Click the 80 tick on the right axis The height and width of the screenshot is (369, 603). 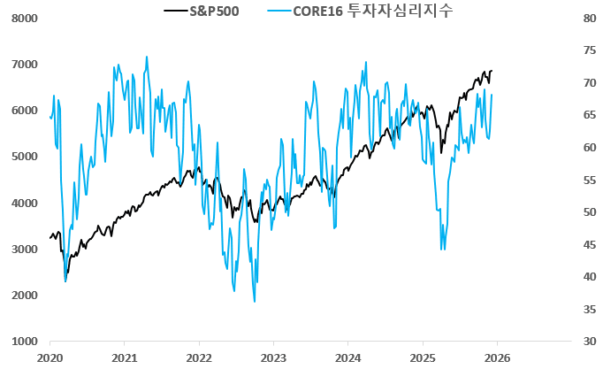tap(586, 19)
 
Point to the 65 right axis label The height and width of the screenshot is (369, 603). tap(586, 115)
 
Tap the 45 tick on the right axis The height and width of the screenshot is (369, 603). tap(586, 245)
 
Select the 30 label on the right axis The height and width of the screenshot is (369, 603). tap(586, 342)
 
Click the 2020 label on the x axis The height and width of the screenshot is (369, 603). tap(50, 357)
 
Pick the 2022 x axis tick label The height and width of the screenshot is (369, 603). tap(199, 357)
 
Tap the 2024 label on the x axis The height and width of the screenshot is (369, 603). tap(348, 357)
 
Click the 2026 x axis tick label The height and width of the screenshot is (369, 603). tap(497, 357)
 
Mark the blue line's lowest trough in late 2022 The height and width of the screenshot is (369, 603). tap(255, 302)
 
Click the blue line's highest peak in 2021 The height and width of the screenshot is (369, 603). tap(147, 57)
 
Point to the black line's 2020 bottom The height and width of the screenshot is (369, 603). tap(66, 273)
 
